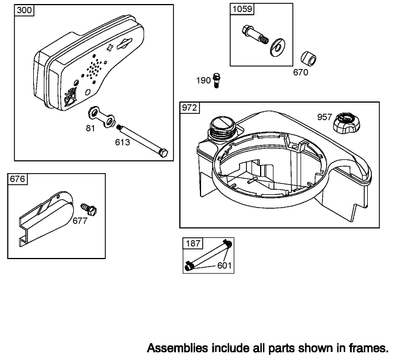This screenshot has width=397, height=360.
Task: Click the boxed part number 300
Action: (23, 11)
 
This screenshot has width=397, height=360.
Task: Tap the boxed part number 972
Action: (190, 108)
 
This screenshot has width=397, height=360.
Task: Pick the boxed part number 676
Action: (17, 179)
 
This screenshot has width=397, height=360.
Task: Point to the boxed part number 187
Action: (192, 244)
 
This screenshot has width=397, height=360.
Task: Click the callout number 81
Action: (91, 128)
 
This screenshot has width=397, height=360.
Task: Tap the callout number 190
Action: (203, 80)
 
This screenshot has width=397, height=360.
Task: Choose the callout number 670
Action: (300, 72)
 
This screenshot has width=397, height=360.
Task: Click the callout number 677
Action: (80, 221)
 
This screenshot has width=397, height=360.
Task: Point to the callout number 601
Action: (225, 265)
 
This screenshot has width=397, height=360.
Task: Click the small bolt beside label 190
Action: (217, 79)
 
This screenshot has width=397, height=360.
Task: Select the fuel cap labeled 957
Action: (347, 122)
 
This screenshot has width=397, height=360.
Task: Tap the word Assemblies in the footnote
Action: (174, 347)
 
